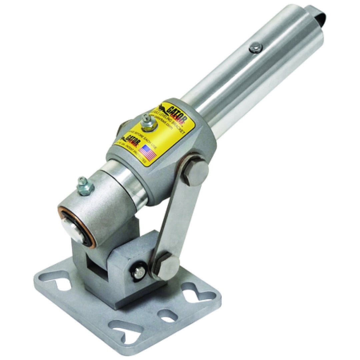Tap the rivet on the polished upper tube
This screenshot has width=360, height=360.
255,48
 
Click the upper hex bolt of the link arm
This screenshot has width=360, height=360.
195,172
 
